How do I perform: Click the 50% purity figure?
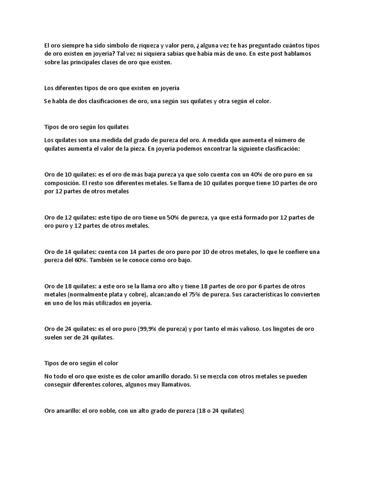(171, 217)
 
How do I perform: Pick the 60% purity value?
(80, 261)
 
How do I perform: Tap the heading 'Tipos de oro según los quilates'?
(86, 127)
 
